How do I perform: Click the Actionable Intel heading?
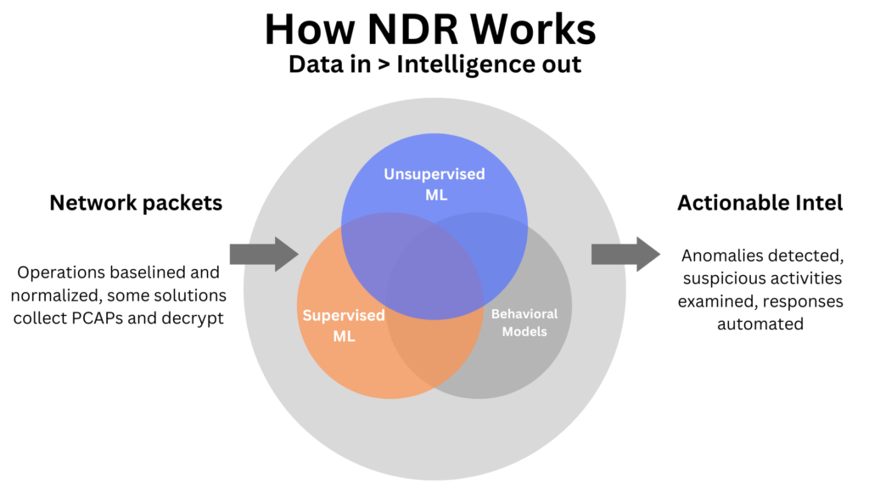[760, 203]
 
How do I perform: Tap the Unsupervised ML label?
[434, 183]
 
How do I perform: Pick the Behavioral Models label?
[524, 323]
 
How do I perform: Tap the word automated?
[760, 323]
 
